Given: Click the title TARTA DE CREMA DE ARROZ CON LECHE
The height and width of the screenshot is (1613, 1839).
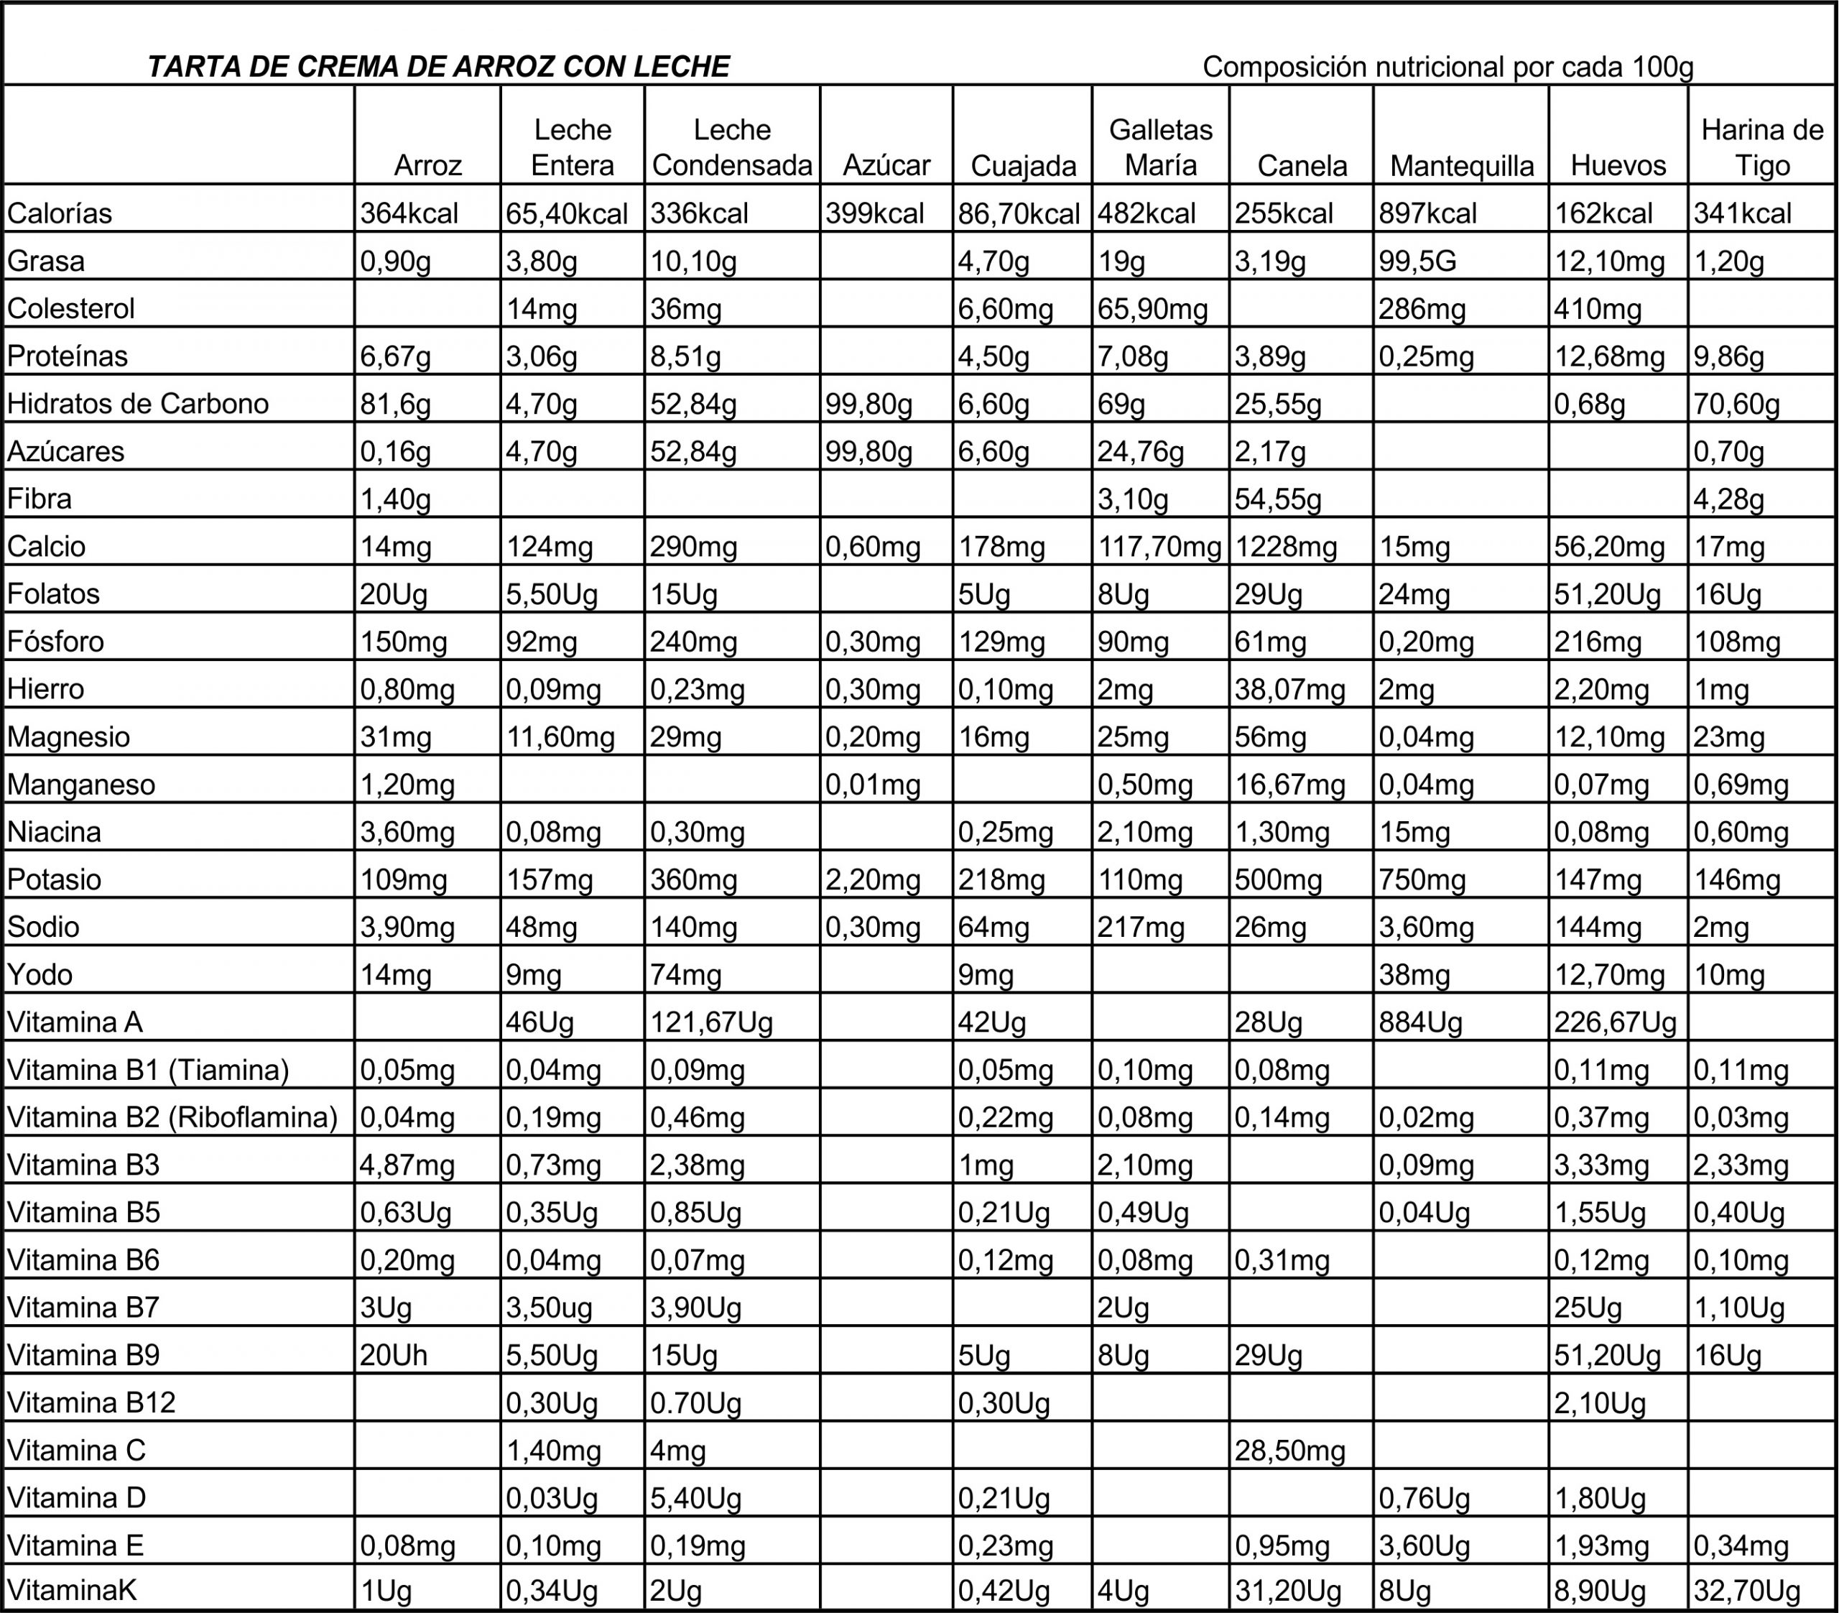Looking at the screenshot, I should [438, 67].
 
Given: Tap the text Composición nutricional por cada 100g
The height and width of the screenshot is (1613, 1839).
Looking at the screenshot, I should [1447, 67].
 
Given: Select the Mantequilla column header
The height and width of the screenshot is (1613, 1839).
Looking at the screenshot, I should [1461, 166].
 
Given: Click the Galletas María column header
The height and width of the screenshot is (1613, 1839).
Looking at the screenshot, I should [1161, 147].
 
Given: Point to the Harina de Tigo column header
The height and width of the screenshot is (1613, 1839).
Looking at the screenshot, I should [1761, 147].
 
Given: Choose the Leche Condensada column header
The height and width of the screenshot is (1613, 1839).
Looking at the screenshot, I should [731, 147].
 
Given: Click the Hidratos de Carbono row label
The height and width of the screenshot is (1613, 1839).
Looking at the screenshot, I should [138, 403].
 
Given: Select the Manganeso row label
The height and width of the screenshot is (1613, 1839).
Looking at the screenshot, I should [81, 784].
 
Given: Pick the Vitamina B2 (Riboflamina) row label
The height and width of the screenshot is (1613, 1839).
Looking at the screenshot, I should [172, 1117].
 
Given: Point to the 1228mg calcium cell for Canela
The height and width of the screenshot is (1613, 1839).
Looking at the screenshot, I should [1286, 546].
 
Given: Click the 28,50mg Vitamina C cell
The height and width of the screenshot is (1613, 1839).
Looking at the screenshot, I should [1289, 1450].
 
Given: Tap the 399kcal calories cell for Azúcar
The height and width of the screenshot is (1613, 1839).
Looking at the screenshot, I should [874, 213].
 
